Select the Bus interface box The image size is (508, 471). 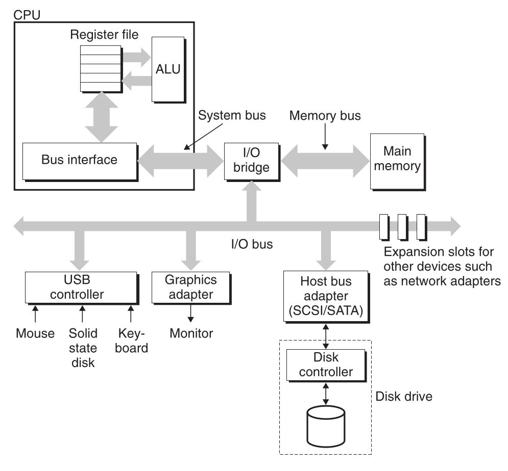coord(79,160)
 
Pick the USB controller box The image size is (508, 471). coord(81,287)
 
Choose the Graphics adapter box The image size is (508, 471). coord(191,287)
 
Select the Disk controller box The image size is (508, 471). coord(326,365)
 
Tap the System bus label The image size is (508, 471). coord(232,115)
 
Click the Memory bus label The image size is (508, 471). coord(325,116)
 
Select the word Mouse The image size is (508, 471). coord(35,334)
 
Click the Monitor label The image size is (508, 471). coord(191,334)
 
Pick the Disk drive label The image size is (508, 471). coord(403,396)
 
